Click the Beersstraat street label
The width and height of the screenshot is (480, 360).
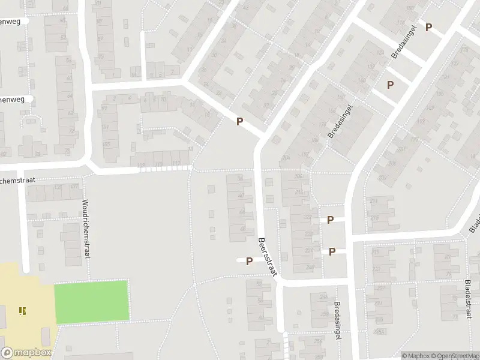[266, 257]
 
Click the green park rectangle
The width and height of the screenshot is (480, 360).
[92, 302]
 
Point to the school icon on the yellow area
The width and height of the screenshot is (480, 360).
[22, 310]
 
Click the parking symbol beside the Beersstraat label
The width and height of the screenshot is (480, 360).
[248, 260]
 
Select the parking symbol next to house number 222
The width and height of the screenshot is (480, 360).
[330, 220]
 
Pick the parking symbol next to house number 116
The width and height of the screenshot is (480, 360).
[428, 27]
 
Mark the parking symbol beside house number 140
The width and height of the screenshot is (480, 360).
[390, 85]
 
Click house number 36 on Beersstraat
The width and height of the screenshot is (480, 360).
[241, 179]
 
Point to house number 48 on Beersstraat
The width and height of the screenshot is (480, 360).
[242, 229]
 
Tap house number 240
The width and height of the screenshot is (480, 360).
[310, 268]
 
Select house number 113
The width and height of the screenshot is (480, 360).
[158, 164]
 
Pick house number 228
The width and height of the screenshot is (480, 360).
[308, 233]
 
